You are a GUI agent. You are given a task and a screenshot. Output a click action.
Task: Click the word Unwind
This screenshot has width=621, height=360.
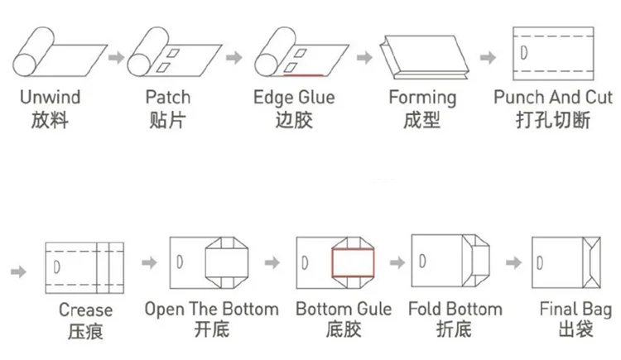coord(51,97)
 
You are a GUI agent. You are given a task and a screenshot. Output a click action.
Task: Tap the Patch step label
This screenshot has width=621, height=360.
coord(167,97)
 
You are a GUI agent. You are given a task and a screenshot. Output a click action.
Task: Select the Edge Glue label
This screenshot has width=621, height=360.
coord(294,97)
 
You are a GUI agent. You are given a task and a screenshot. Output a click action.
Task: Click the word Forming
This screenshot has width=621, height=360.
coord(422,97)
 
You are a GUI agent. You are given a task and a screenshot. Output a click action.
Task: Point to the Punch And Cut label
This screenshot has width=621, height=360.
coord(553,97)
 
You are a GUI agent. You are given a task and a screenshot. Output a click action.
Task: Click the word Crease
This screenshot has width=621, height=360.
coord(85,310)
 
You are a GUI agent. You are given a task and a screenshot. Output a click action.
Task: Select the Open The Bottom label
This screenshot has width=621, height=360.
coord(211,310)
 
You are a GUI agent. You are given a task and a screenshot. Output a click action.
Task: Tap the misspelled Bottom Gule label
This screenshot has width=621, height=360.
coord(344,310)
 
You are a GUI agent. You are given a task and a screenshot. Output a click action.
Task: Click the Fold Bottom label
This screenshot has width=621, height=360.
coord(455,310)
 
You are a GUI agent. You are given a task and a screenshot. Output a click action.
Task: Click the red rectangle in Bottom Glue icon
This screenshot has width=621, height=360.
coord(354,262)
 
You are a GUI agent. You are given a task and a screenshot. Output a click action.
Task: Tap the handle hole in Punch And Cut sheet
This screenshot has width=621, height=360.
coord(527,52)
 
